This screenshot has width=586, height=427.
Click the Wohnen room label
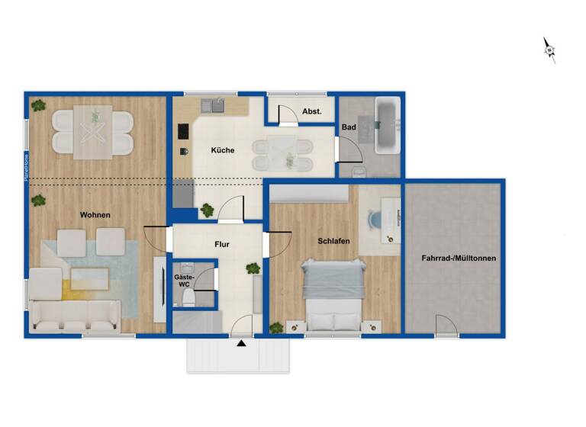tap(95, 215)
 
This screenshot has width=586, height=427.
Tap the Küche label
tap(223, 150)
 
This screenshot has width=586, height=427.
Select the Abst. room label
tap(311, 111)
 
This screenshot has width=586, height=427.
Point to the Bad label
tap(349, 127)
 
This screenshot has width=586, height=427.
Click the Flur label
tap(222, 245)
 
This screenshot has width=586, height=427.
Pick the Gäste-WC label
tap(184, 280)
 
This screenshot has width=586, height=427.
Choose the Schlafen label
tap(334, 241)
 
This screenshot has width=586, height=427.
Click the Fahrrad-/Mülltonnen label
tap(459, 258)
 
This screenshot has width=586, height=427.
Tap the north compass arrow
tap(549, 50)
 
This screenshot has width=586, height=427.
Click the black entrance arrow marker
tap(242, 344)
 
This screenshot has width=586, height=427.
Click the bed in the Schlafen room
tap(332, 289)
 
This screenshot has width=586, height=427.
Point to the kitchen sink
tap(212, 107)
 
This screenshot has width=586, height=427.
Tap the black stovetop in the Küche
tap(183, 131)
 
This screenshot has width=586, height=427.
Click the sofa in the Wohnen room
tap(74, 315)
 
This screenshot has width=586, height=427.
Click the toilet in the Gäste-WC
tap(186, 300)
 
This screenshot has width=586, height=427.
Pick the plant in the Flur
tap(253, 268)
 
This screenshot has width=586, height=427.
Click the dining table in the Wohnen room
tap(94, 134)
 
